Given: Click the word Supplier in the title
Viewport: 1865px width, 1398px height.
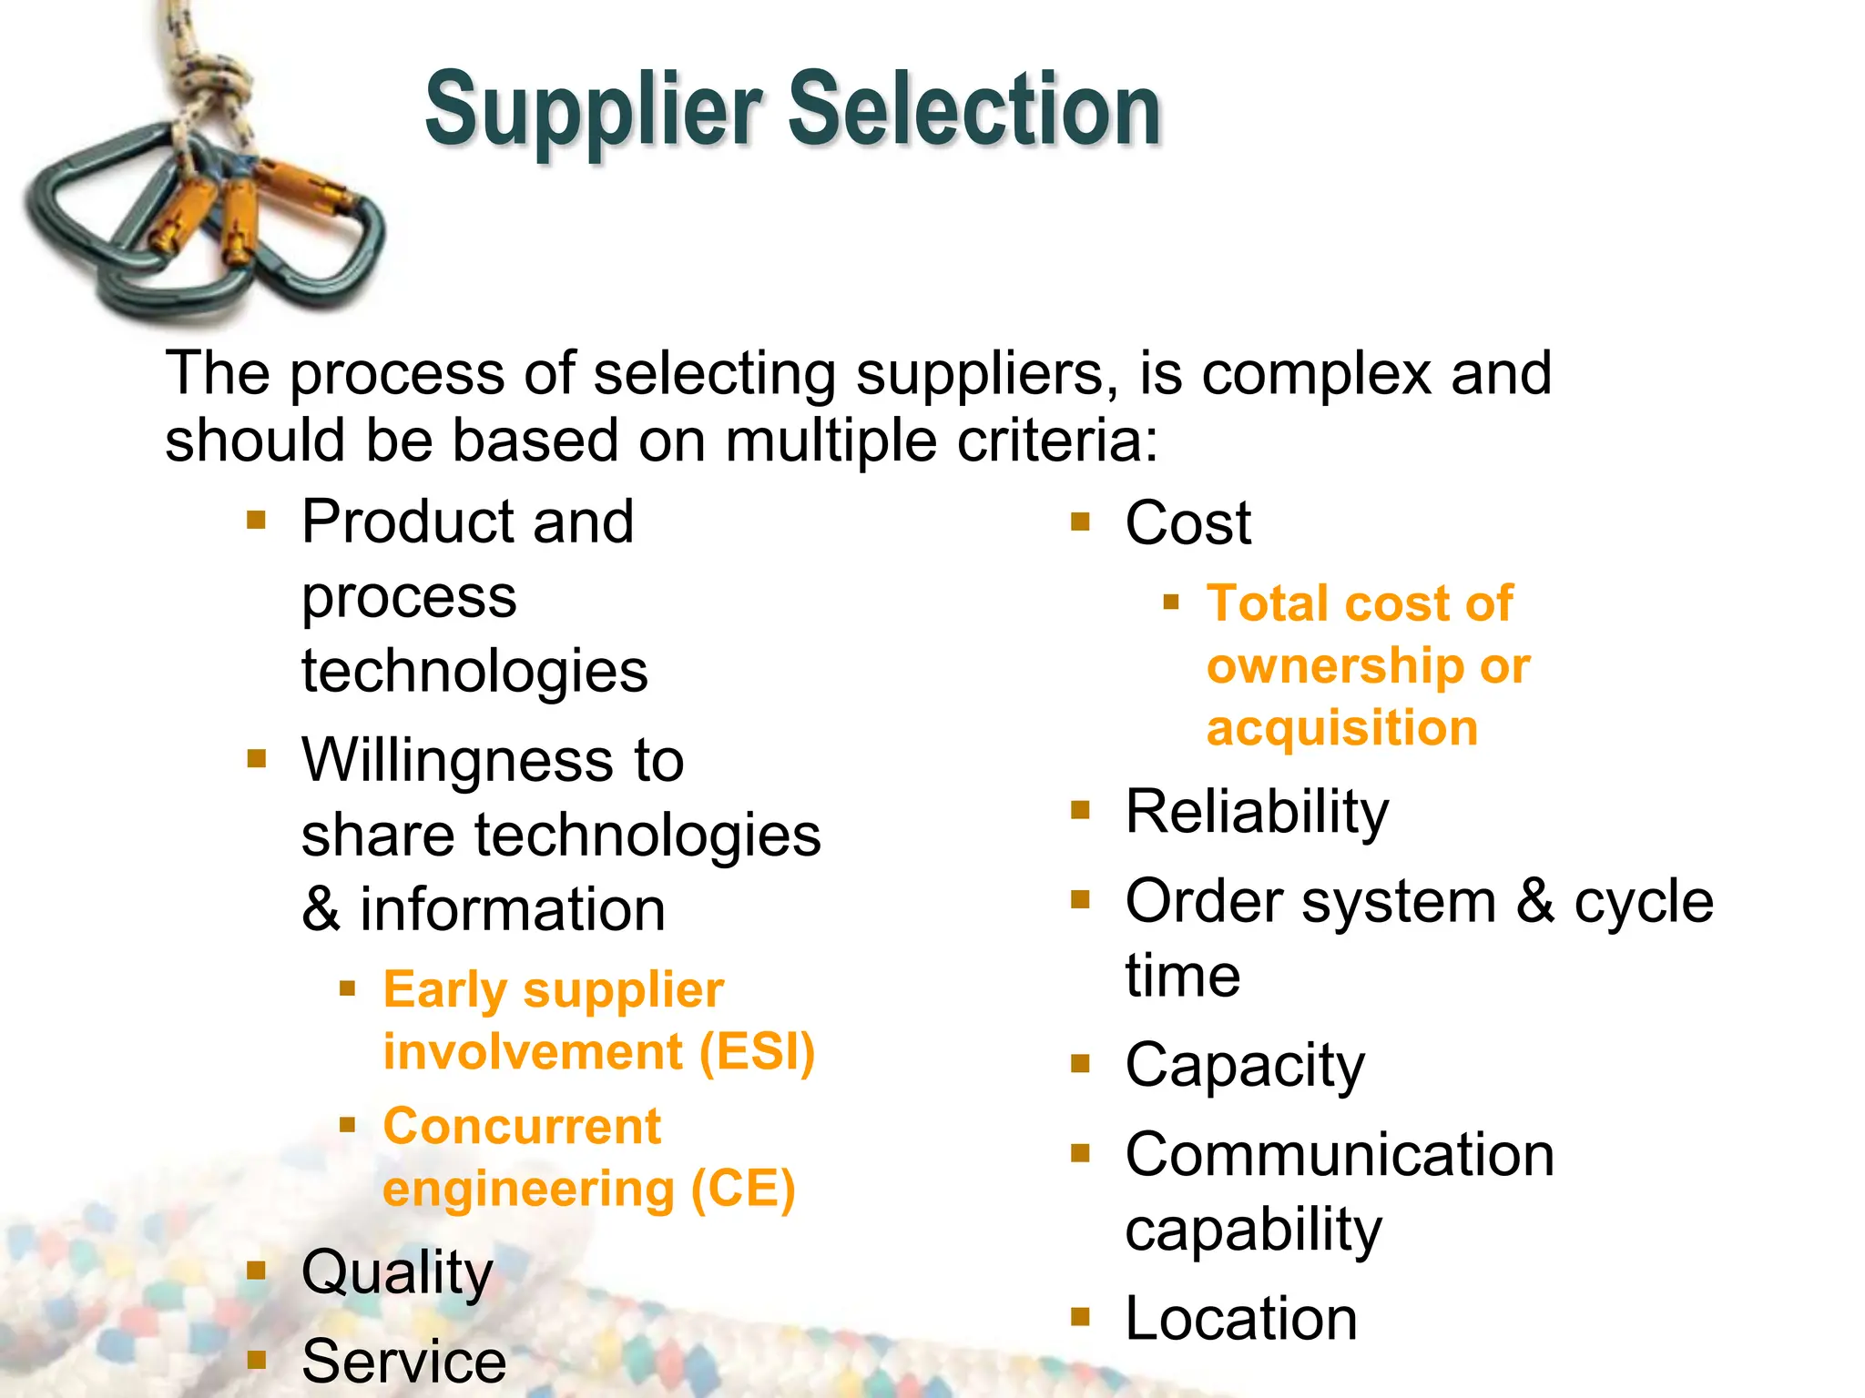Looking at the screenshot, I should pyautogui.click(x=593, y=111).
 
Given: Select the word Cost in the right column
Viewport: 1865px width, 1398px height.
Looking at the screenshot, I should pyautogui.click(x=1187, y=524).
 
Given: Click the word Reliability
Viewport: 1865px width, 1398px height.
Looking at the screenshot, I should pyautogui.click(x=1257, y=812).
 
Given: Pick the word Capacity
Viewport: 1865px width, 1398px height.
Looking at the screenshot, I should pyautogui.click(x=1245, y=1065).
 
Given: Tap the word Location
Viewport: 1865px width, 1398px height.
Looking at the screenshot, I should pyautogui.click(x=1241, y=1319).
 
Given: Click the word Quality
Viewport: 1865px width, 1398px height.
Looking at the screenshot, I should pyautogui.click(x=397, y=1273).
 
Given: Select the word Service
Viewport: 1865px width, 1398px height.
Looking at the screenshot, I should pyautogui.click(x=403, y=1363).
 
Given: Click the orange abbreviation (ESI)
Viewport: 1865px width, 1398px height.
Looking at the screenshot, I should pyautogui.click(x=757, y=1053).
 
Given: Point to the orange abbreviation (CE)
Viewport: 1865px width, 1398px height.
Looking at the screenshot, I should pyautogui.click(x=743, y=1190).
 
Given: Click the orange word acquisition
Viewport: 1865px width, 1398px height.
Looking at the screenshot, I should pyautogui.click(x=1341, y=729).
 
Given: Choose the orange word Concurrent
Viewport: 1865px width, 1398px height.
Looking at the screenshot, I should pyautogui.click(x=522, y=1128).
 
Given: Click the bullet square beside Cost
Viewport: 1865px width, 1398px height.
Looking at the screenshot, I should pyautogui.click(x=1080, y=522).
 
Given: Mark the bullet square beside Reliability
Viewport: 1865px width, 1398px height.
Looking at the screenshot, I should pyautogui.click(x=1080, y=810).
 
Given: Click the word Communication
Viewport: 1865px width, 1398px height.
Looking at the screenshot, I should pyautogui.click(x=1340, y=1156).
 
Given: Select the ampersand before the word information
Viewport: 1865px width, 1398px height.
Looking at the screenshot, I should pyautogui.click(x=321, y=909).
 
